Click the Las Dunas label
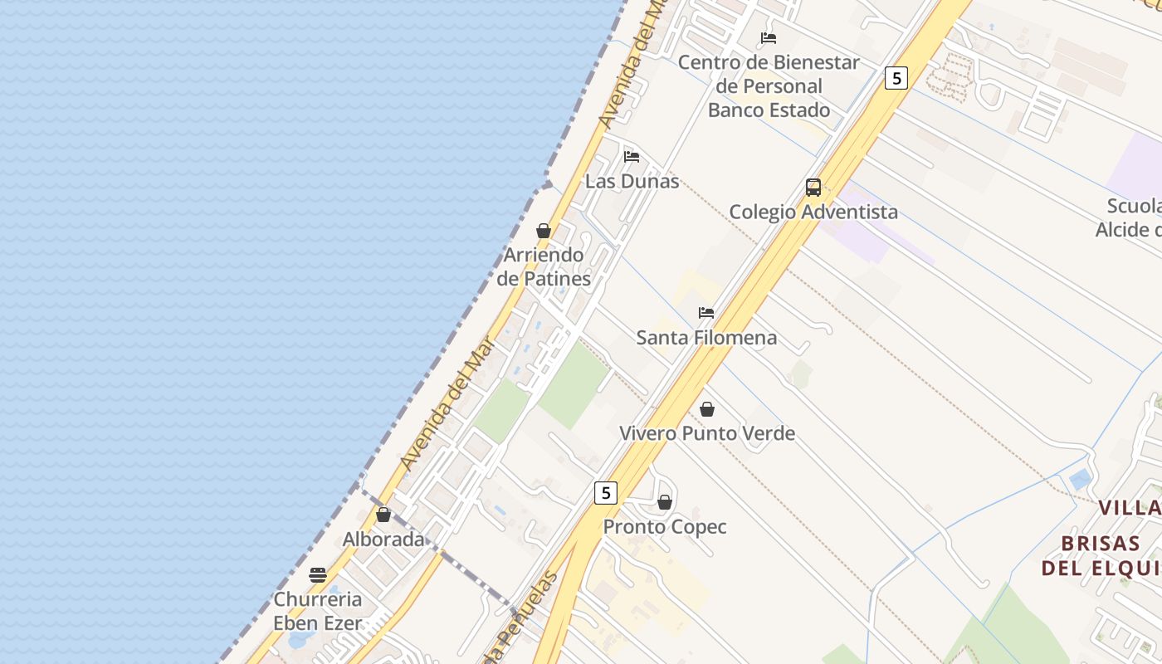[x=632, y=181]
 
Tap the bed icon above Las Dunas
[x=632, y=156]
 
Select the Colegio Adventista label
[x=813, y=212]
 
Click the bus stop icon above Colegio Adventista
[x=813, y=188]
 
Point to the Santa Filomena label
[x=706, y=337]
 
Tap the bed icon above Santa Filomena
[x=706, y=313]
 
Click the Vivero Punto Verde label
[x=707, y=433]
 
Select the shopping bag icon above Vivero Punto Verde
[x=707, y=409]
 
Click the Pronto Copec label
[x=665, y=527]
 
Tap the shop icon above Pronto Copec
[x=665, y=502]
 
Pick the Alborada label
[x=383, y=539]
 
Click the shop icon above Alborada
[x=383, y=515]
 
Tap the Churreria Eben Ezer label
[x=318, y=611]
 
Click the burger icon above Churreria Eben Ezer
[x=318, y=575]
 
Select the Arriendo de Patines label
[x=544, y=266]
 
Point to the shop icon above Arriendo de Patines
[x=544, y=231]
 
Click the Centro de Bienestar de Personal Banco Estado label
[x=769, y=86]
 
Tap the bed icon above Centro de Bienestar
[x=769, y=38]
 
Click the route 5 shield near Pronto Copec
[x=606, y=493]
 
